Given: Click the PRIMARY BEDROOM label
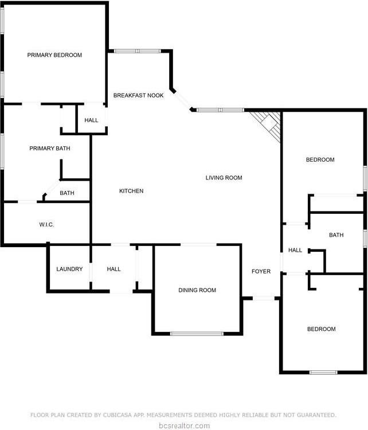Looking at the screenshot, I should tap(54, 56).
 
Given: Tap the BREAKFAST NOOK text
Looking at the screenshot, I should tap(138, 95).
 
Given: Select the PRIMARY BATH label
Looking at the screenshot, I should tap(50, 148).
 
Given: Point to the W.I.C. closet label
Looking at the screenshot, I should tap(46, 225).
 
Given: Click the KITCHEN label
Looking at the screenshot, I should tap(131, 191).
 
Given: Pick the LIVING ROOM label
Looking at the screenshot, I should tap(224, 178).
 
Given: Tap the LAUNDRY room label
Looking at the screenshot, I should tap(69, 269).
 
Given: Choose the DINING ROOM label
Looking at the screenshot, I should tap(197, 290).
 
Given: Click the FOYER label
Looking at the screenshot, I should tap(261, 271).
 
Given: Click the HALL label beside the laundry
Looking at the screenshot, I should tap(113, 269).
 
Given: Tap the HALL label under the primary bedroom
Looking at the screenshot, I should tap(91, 120).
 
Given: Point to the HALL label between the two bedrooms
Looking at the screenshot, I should tap(295, 250).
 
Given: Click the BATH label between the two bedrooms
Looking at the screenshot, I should tap(336, 235).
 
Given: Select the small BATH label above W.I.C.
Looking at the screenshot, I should tap(67, 193).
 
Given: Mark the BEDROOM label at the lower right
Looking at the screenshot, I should tap(321, 329).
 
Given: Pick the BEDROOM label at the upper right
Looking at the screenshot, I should tap(320, 159).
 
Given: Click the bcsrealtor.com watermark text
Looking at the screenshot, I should tap(184, 425).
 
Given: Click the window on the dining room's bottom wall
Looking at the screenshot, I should tap(197, 334).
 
